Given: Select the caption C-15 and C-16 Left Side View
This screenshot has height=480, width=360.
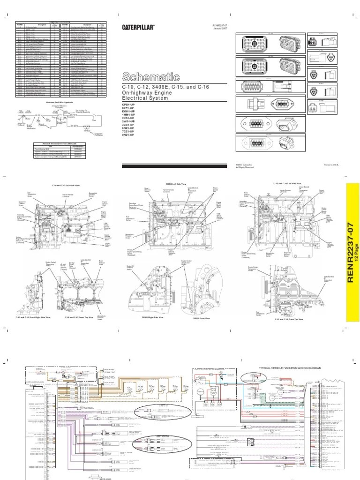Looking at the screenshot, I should pos(286,184).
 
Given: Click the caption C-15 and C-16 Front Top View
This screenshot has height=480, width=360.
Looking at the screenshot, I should pos(289,318).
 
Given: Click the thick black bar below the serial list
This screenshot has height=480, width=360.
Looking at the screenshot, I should pos(175,165).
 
